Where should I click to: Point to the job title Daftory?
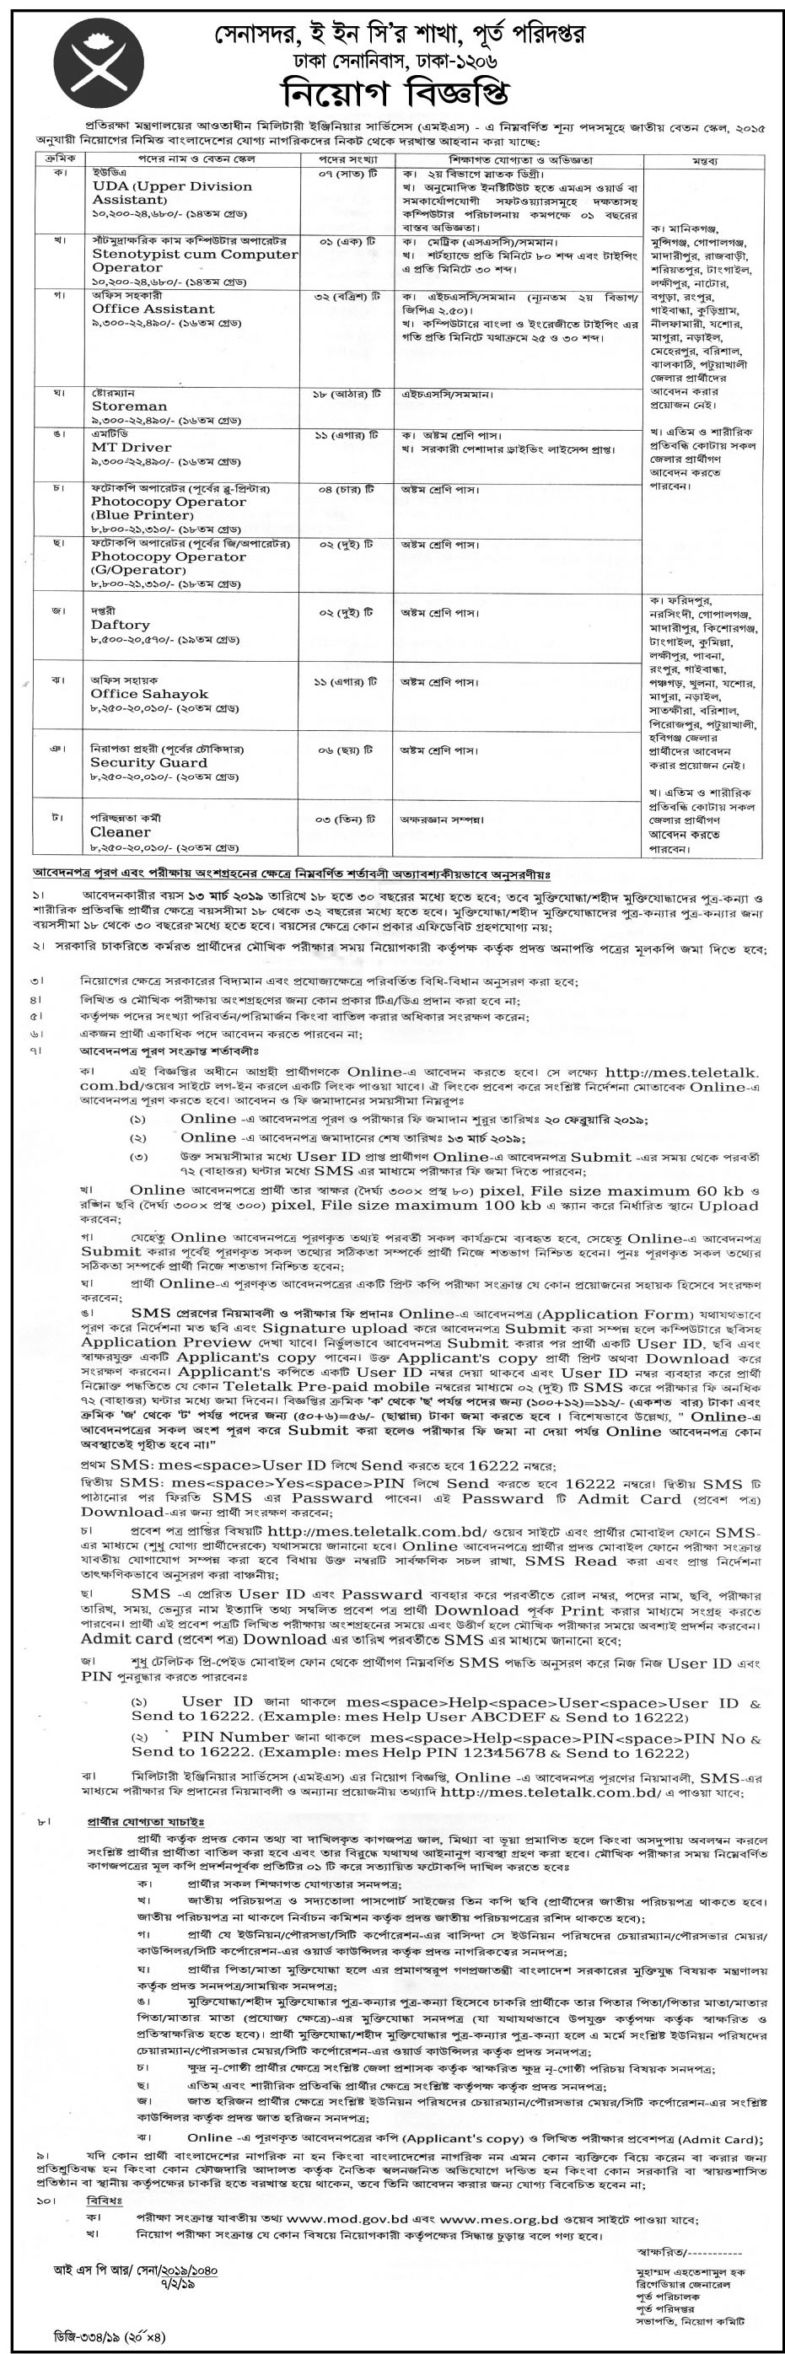120,625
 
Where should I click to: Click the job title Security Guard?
148,762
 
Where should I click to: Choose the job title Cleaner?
120,832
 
